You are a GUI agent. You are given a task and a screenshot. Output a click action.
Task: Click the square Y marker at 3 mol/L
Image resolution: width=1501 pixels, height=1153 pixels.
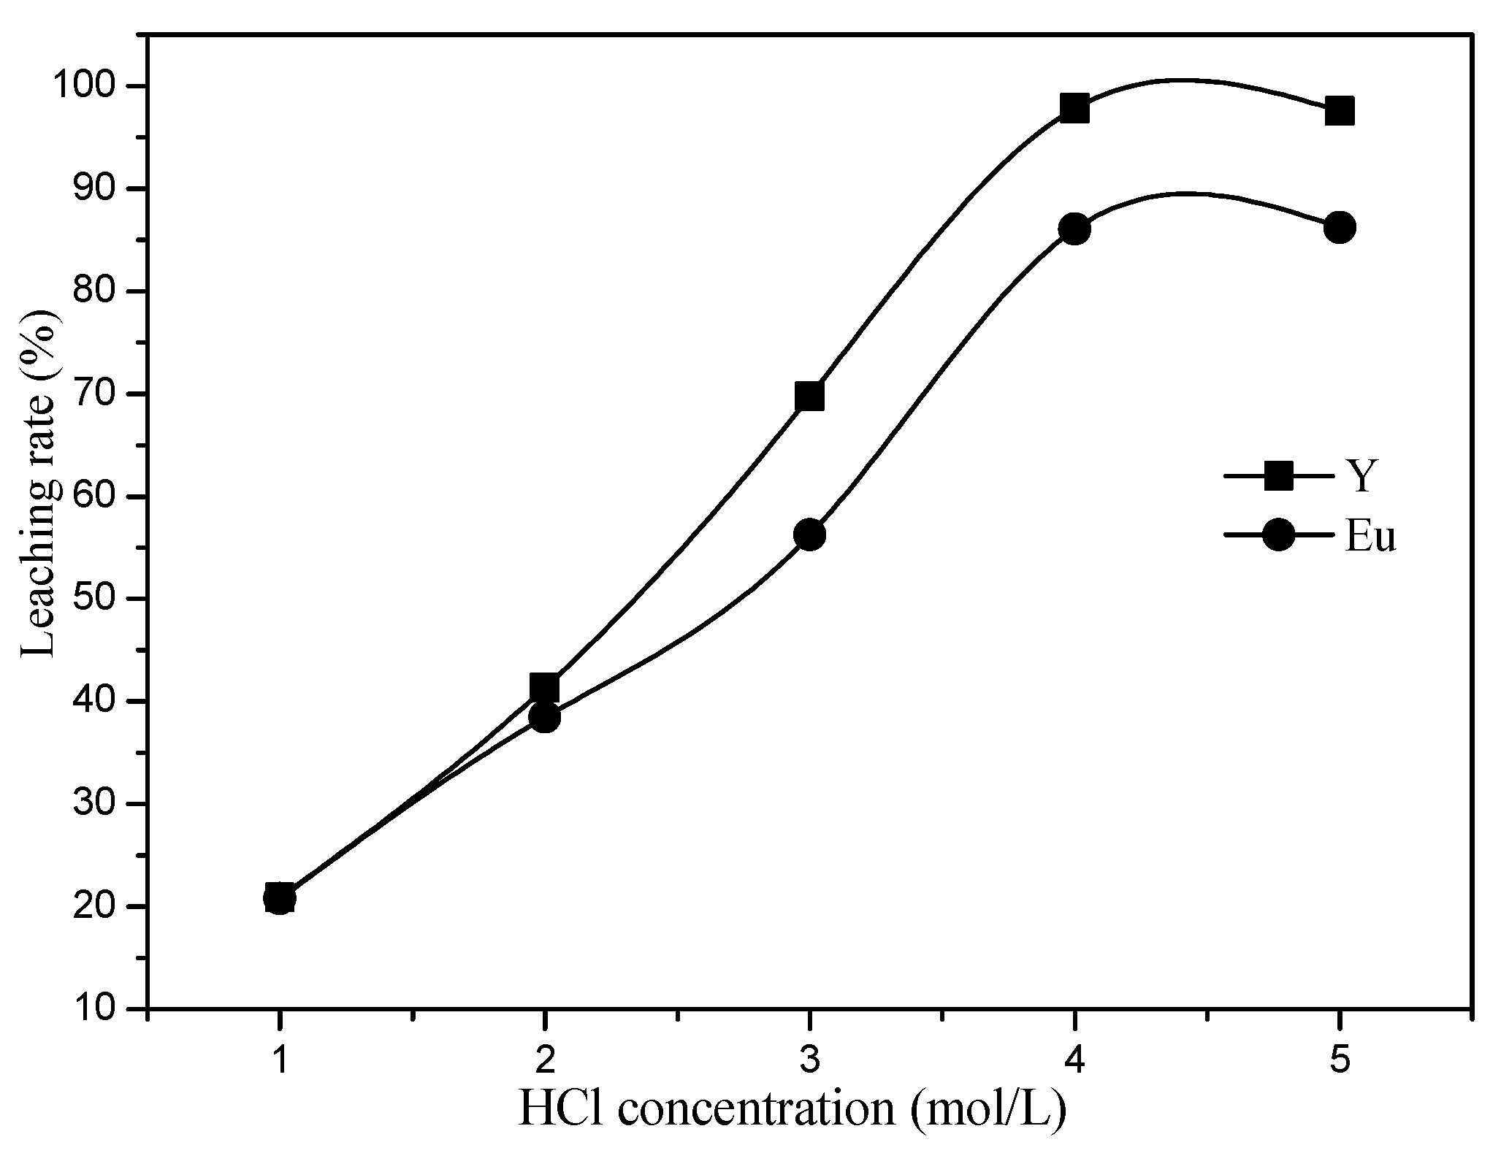tap(809, 397)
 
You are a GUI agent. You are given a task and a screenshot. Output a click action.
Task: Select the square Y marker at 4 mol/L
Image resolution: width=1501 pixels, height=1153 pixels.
tap(1074, 108)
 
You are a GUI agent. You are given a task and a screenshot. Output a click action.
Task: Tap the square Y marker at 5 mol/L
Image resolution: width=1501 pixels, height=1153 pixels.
tap(1339, 112)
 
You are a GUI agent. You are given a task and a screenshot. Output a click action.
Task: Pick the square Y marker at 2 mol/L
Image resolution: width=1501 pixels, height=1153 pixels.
tap(544, 687)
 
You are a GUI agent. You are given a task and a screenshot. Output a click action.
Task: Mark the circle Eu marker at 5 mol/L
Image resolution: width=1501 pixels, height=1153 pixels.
tap(1339, 228)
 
